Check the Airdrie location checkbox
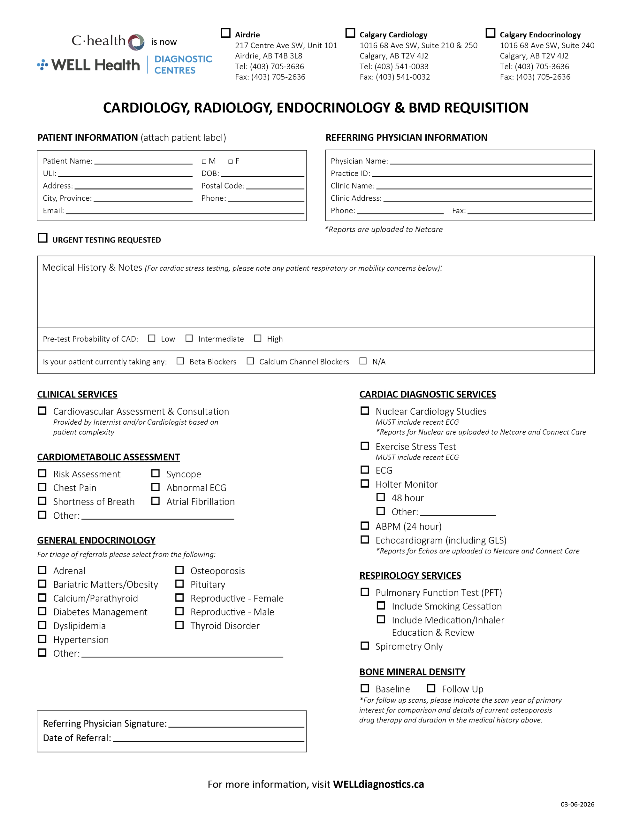click(x=225, y=33)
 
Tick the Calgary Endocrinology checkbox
click(x=490, y=33)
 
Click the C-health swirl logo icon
click(x=136, y=42)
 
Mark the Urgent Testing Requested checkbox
click(x=43, y=238)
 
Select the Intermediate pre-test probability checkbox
click(x=189, y=338)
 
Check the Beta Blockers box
click(x=180, y=361)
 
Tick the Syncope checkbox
click(x=156, y=474)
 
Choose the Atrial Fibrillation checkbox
click(x=156, y=501)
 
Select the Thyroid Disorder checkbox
click(x=180, y=625)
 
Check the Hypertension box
click(x=42, y=639)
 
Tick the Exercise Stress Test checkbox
click(x=365, y=446)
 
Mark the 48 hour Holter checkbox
click(x=380, y=498)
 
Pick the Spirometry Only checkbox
click(x=365, y=646)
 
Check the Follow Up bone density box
click(x=431, y=688)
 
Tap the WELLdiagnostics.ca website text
click(x=378, y=784)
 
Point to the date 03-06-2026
click(x=577, y=804)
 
